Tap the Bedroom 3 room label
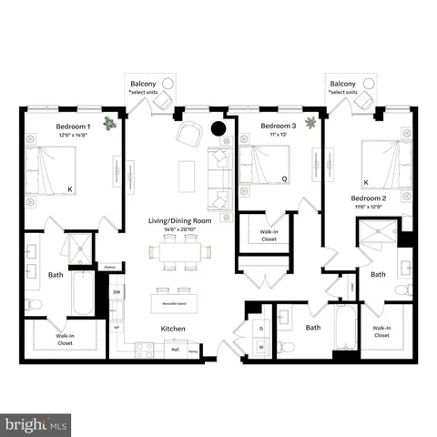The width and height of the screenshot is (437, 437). pos(279,126)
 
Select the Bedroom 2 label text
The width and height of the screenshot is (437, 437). pos(371,198)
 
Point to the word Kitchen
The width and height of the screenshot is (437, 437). pos(174,328)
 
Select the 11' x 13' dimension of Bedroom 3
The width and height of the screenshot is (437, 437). pos(278,135)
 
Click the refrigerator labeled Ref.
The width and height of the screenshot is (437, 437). pos(174,349)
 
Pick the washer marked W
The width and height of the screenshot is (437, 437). pos(260,346)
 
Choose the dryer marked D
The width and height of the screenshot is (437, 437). pos(260,328)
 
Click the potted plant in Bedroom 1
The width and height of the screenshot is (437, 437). pos(110,123)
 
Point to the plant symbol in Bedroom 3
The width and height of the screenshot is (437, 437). pos(310,121)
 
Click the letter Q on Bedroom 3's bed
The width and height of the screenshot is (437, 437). pos(284,179)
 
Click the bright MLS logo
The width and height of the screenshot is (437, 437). pos(36,424)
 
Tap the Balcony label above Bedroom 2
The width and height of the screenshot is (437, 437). pos(343,84)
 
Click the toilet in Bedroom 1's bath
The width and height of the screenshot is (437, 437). pos(34,303)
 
